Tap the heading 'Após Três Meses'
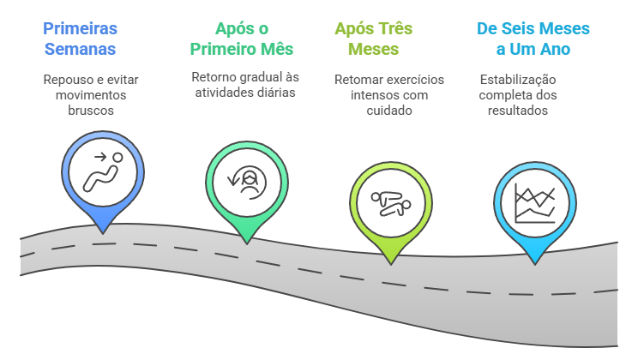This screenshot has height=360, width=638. pyautogui.click(x=373, y=39)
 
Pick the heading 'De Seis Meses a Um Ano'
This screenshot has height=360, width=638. pyautogui.click(x=533, y=39)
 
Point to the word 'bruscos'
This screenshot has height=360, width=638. pyautogui.click(x=91, y=111)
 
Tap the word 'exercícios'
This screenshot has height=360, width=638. pyautogui.click(x=415, y=80)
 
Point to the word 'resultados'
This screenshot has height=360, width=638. pyautogui.click(x=518, y=111)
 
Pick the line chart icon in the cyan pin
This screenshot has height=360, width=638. pyautogui.click(x=533, y=202)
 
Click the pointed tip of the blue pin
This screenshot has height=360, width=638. pyautogui.click(x=103, y=231)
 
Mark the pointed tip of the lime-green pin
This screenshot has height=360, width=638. pyautogui.click(x=390, y=261)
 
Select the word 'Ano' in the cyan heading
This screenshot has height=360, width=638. pyautogui.click(x=556, y=49)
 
